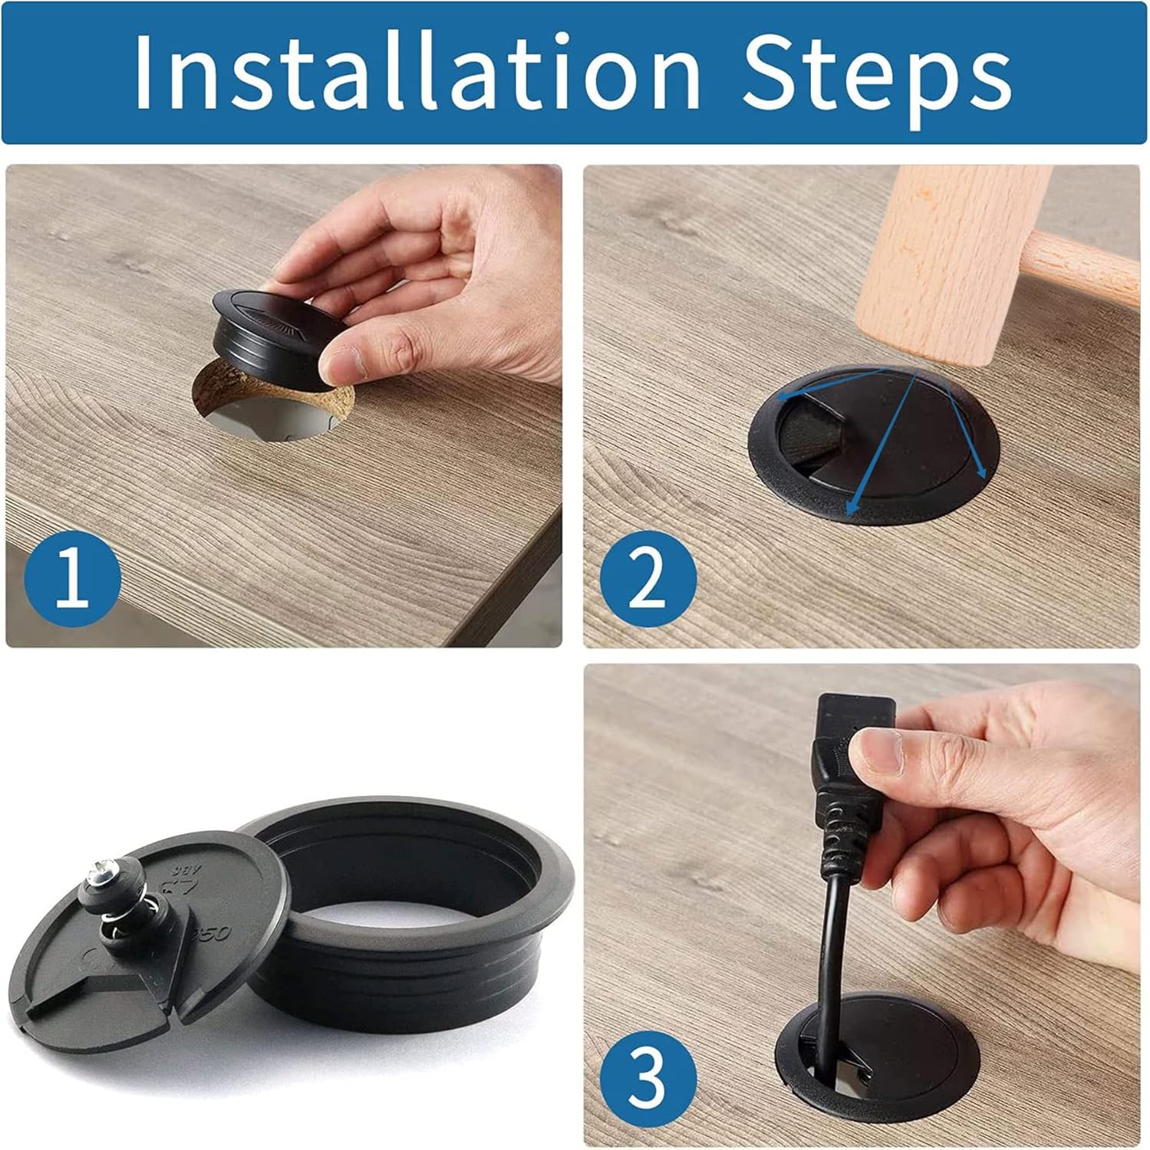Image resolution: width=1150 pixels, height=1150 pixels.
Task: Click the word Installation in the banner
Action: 417,71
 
